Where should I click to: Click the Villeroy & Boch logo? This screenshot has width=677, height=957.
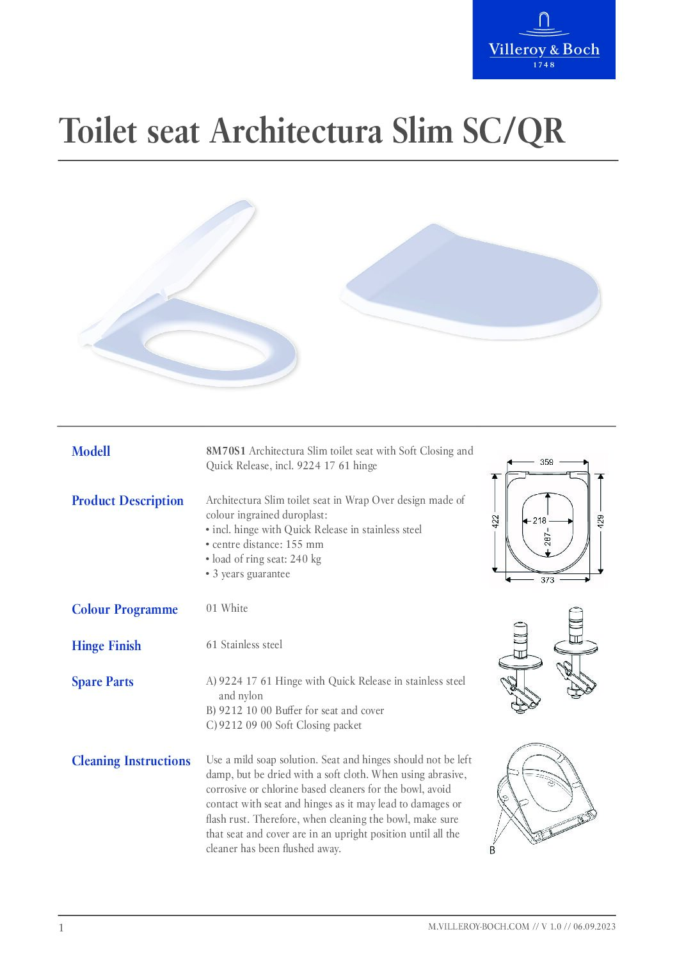point(544,40)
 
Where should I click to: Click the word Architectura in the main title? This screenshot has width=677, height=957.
point(296,131)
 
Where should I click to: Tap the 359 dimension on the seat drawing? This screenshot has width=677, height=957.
point(546,462)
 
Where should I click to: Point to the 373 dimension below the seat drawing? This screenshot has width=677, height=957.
point(547,580)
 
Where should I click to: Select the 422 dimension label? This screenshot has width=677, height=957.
point(495,522)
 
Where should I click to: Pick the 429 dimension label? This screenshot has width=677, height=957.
point(600,521)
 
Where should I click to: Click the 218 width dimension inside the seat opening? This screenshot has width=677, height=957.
point(539,520)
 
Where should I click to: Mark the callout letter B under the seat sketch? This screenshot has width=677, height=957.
point(492,850)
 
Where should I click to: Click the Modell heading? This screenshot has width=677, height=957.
point(91,451)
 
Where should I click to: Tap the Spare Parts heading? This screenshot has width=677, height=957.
point(102,682)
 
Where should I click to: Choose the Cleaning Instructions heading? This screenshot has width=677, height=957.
point(131,761)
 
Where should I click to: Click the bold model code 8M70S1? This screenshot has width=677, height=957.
point(226,451)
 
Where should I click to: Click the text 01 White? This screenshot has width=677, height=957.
point(227,608)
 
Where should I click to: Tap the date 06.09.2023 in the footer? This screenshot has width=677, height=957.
point(594,926)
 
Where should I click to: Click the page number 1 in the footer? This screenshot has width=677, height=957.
point(61,928)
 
